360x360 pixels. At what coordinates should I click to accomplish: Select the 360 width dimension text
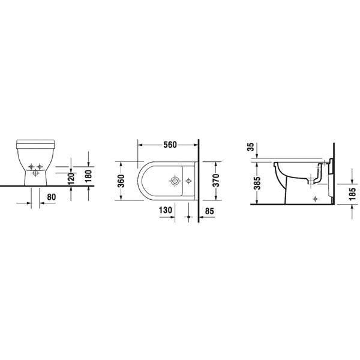point(121,182)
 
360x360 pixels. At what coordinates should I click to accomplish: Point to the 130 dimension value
point(166,210)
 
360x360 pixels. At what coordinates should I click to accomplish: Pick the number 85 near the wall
point(209,211)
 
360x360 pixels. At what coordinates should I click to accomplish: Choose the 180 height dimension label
point(89,176)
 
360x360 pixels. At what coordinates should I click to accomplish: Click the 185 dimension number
point(352,193)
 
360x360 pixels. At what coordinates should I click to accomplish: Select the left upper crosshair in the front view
point(31,166)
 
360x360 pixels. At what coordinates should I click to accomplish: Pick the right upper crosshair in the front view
point(40,166)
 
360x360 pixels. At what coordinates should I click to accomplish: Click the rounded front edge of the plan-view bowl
point(139,180)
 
